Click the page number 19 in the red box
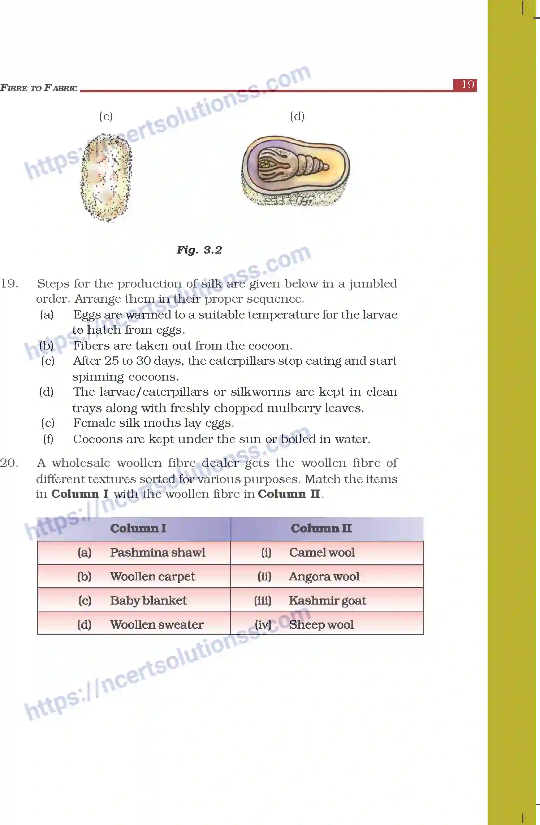point(467,85)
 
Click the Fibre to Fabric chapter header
point(39,88)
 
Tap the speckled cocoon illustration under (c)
point(106,177)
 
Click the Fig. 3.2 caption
point(199,250)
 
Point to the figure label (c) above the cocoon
point(106,116)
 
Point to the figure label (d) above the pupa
point(297,116)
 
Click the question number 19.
point(9,284)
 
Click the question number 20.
point(9,463)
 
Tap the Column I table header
point(138,528)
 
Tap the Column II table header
point(321,528)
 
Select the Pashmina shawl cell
point(157,553)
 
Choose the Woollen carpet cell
point(152,576)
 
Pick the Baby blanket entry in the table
point(148,601)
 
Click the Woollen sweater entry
point(156,624)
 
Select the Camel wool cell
point(322,553)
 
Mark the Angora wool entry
point(324,576)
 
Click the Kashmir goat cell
point(327,601)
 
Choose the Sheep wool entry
point(321,624)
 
